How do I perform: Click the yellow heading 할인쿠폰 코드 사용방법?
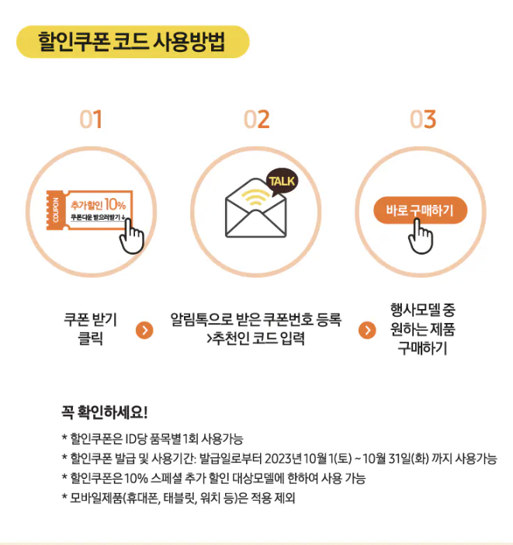click(132, 42)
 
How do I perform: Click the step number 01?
click(91, 120)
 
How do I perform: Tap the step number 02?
click(257, 120)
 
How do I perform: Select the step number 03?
click(423, 120)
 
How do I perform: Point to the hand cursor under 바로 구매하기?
click(421, 234)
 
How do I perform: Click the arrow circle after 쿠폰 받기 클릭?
click(144, 330)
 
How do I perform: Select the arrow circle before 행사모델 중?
click(367, 330)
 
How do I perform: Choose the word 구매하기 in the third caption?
click(423, 349)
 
